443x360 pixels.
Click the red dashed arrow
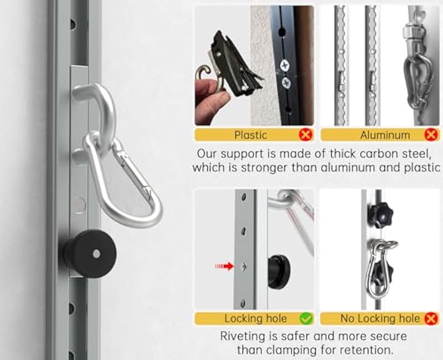(x=224, y=266)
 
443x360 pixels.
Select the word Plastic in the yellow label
(x=250, y=135)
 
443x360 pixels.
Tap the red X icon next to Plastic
(x=305, y=135)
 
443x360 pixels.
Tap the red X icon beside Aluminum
(x=431, y=135)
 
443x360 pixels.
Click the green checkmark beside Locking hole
(x=306, y=318)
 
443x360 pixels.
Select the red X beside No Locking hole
(x=431, y=318)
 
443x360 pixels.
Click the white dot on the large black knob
(x=96, y=253)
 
